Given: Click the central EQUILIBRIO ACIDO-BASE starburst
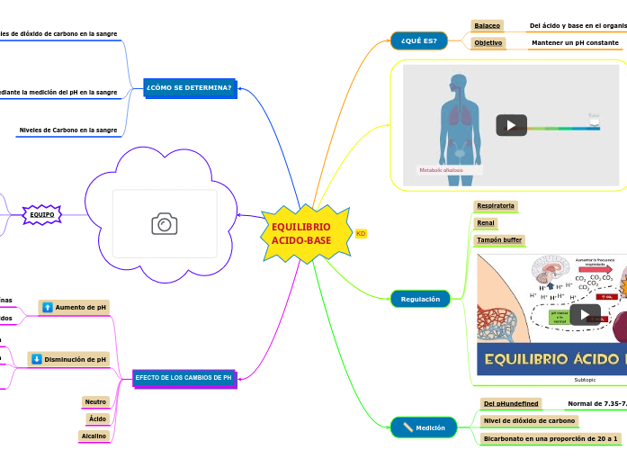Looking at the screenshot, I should (301, 234).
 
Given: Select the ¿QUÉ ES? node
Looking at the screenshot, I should (418, 40).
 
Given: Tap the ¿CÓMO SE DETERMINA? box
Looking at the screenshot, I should (189, 88).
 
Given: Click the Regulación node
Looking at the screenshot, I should (420, 299).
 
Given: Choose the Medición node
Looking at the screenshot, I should (424, 427).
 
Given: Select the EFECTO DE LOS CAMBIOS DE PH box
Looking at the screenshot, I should (184, 378).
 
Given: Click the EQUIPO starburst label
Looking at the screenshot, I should (41, 214).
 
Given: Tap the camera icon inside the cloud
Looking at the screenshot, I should (165, 224).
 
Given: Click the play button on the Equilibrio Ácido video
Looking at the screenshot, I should (585, 314).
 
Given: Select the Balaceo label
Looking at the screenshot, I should (488, 26).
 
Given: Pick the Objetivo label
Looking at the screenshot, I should (488, 43).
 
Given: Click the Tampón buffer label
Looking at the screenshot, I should (499, 240).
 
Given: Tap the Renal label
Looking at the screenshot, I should (486, 222).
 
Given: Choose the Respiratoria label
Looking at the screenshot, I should (496, 205).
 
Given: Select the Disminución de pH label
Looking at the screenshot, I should (68, 359).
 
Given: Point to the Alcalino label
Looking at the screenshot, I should (94, 436).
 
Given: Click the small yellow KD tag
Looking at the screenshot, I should (361, 234).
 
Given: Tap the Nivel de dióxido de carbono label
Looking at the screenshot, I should (529, 420).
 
